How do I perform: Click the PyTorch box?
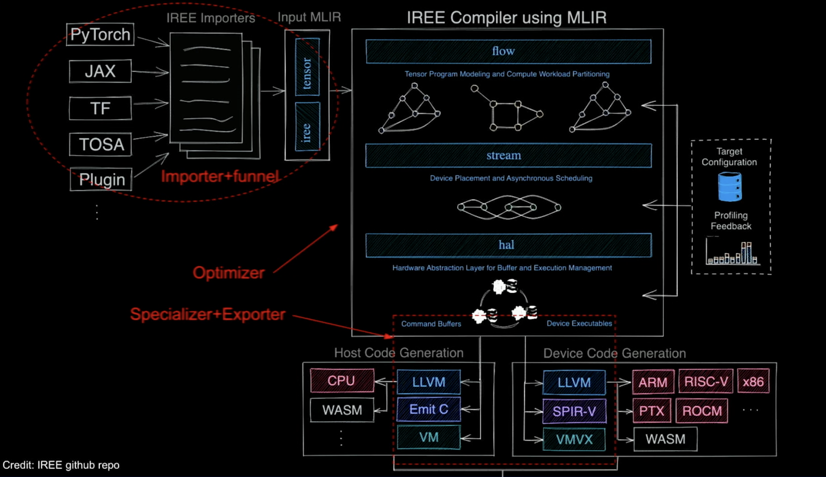click(100, 34)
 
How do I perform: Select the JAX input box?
click(100, 71)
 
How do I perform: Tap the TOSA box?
click(101, 144)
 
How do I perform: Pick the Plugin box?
click(101, 179)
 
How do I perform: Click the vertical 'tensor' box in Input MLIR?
click(307, 67)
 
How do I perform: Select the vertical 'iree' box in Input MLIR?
click(307, 127)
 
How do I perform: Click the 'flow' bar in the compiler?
click(508, 52)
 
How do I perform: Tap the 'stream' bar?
click(508, 156)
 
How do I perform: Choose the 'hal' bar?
click(508, 245)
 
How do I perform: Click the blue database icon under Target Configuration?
click(730, 187)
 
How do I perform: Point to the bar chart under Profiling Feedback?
click(732, 252)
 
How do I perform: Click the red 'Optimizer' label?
click(228, 273)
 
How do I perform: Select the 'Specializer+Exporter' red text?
click(208, 314)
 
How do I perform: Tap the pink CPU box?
click(342, 381)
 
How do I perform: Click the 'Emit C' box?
click(429, 409)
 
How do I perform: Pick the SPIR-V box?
click(574, 411)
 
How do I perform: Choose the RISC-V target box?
click(706, 381)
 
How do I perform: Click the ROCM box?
click(702, 411)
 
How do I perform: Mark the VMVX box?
click(574, 439)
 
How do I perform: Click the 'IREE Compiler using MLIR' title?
click(506, 18)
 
